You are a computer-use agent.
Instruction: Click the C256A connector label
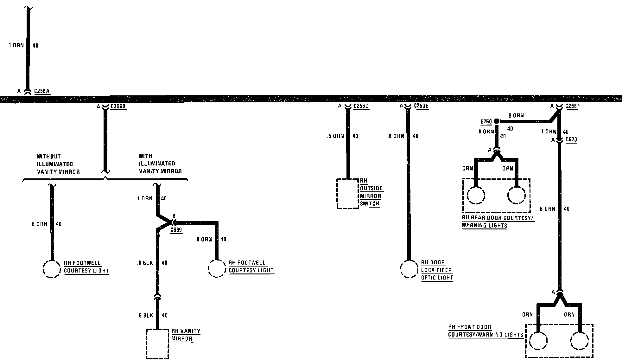42,91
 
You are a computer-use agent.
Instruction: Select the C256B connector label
118,106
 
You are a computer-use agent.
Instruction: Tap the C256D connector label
361,106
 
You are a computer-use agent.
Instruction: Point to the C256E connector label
421,106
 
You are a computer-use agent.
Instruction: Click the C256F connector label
572,106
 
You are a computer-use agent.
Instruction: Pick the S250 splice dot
497,121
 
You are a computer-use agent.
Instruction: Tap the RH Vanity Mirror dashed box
157,344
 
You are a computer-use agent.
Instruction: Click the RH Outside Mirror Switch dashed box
348,194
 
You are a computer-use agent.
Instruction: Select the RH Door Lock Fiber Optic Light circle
409,269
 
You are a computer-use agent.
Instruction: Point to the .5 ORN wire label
335,136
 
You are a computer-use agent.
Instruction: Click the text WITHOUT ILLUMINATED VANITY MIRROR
58,164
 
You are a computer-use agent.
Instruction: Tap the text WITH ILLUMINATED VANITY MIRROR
160,164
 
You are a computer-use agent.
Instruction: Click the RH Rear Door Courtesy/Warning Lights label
498,222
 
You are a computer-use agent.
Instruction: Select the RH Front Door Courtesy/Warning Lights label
485,331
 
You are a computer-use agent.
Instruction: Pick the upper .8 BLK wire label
145,263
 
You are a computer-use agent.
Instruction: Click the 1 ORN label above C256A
16,45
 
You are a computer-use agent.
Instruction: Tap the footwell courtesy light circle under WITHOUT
51,269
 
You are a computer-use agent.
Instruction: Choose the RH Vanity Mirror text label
186,335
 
